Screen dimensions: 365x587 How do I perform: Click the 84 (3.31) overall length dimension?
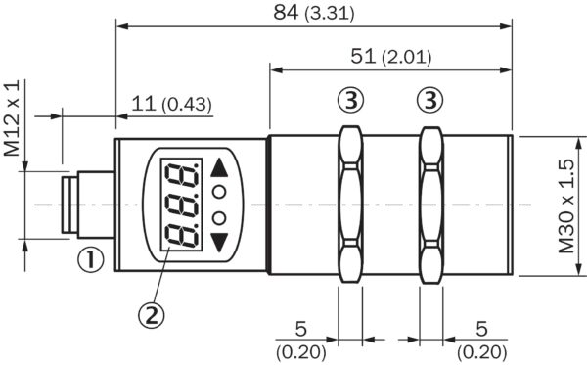313,14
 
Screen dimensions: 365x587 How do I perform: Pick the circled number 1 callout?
90,260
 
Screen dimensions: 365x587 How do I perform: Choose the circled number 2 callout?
149,313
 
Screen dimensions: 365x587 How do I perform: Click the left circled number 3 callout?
350,99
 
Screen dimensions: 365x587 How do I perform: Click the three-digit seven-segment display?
181,205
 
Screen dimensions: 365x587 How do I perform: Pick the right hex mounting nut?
430,205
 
